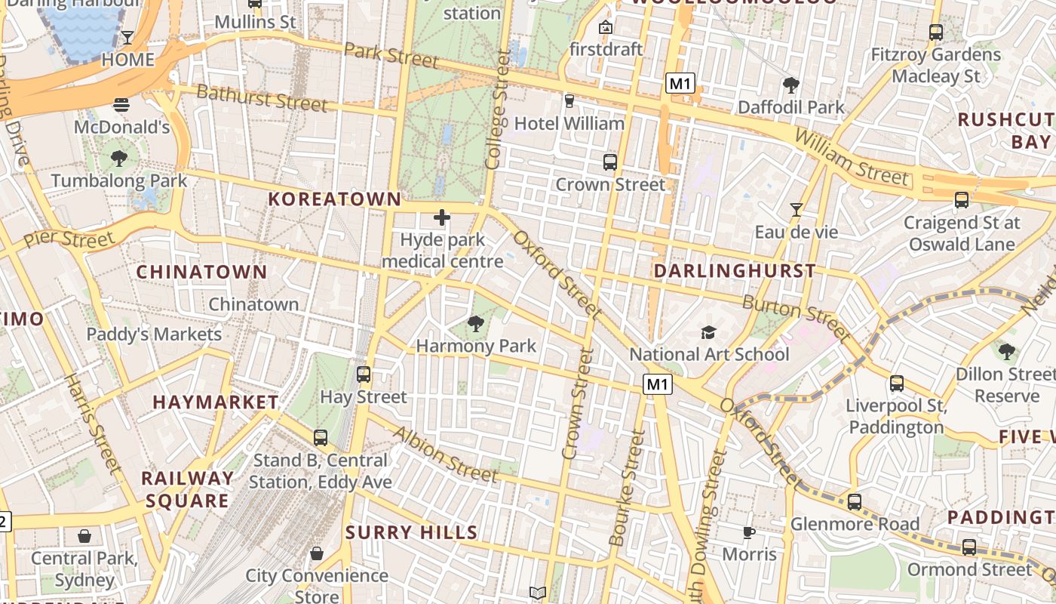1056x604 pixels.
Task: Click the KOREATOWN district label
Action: (x=336, y=199)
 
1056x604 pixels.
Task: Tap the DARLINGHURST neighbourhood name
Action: (x=735, y=271)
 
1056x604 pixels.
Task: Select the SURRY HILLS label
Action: (x=412, y=532)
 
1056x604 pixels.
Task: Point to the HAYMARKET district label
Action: (x=216, y=402)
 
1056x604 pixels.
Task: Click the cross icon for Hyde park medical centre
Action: (x=442, y=218)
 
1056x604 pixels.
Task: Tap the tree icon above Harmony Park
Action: (x=476, y=325)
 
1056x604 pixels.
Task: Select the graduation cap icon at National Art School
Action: (x=708, y=332)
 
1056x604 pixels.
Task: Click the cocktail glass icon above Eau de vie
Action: (x=796, y=209)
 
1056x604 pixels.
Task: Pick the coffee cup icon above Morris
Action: (x=749, y=532)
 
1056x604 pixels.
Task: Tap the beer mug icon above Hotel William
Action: (x=569, y=100)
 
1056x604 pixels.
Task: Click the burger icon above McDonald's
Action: (x=121, y=104)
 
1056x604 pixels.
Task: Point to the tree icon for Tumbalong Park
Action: (x=118, y=158)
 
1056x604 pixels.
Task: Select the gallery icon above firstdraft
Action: (x=605, y=27)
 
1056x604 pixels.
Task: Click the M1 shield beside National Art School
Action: (x=657, y=385)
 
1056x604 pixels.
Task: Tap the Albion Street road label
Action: (x=446, y=455)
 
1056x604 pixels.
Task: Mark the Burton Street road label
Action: (x=797, y=317)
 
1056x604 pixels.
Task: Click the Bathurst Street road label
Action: (x=262, y=97)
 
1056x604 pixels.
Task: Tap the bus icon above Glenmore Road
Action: (x=854, y=501)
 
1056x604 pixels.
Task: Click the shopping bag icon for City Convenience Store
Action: (x=317, y=553)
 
